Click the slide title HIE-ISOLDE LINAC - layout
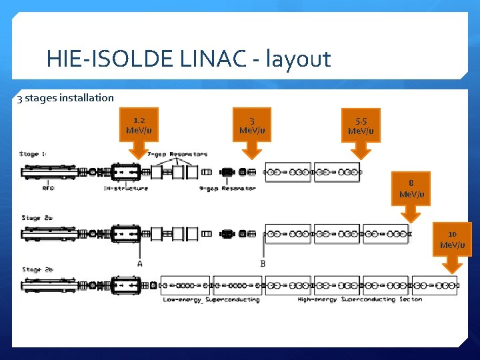pos(189,59)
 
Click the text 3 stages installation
pos(65,98)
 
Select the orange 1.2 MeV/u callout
pos(139,125)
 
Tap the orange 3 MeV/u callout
pos(251,125)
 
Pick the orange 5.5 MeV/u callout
pos(361,125)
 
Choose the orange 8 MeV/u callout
pos(411,189)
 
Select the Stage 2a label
pos(36,217)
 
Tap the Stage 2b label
pos(37,269)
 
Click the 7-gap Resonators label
pos(177,155)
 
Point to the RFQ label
pos(49,188)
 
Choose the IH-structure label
pos(125,188)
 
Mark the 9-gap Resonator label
pos(227,188)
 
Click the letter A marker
pos(139,263)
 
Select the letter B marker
pos(263,263)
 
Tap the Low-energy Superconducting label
pos(211,299)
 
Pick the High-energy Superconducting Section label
pos(359,299)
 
